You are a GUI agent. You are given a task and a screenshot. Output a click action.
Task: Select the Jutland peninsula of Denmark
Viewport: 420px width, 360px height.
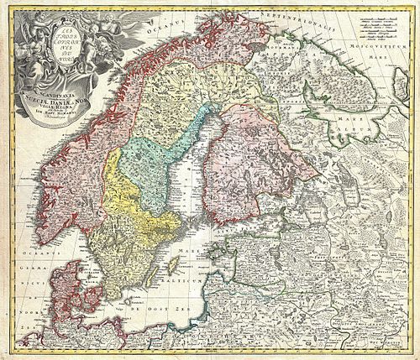(64, 285)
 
